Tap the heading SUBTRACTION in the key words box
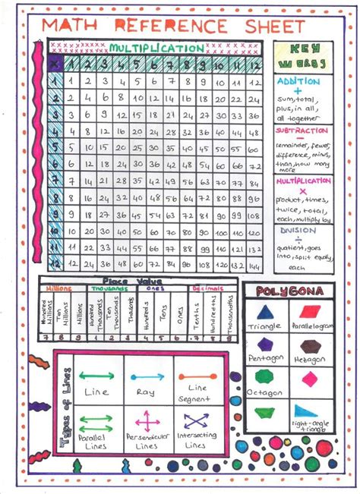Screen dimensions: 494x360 [x=302, y=131]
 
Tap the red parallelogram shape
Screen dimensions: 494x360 [x=311, y=312]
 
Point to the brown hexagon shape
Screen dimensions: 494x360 [x=311, y=343]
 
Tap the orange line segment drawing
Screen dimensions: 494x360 [x=197, y=376]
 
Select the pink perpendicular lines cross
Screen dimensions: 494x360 [x=146, y=420]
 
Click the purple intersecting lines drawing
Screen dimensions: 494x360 [x=197, y=420]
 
